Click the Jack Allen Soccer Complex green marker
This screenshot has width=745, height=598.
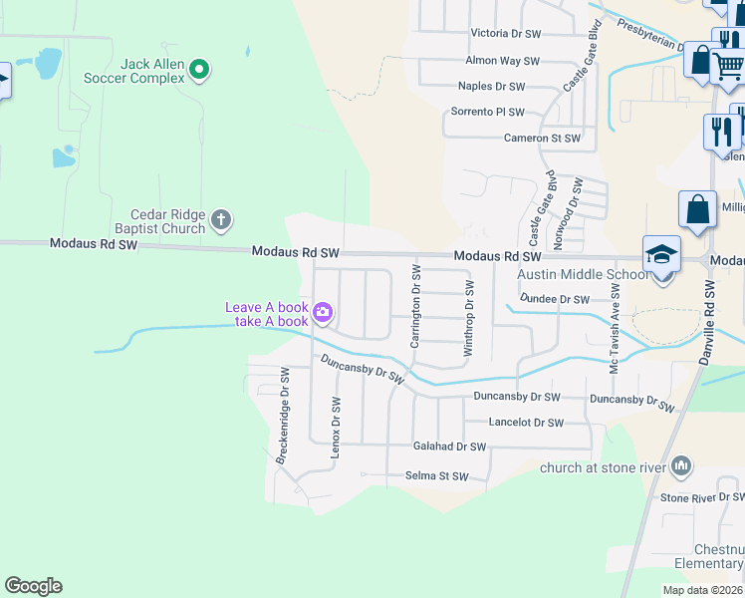tap(199, 69)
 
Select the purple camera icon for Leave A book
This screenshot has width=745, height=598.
tap(323, 313)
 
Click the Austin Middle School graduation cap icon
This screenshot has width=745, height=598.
tap(660, 255)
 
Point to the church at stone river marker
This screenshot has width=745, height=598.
tap(681, 465)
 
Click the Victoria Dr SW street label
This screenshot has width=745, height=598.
tap(505, 34)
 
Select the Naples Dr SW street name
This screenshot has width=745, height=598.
tap(495, 88)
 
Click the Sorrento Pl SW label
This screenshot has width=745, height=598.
tap(488, 113)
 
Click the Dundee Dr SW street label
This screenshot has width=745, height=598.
tap(554, 299)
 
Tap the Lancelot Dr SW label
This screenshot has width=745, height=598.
tap(526, 423)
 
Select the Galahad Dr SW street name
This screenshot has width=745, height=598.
tap(449, 448)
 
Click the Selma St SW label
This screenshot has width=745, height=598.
tap(436, 476)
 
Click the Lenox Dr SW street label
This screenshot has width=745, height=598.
tap(336, 428)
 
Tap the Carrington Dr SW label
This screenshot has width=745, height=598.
tap(415, 307)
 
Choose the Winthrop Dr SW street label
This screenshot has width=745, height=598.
tap(468, 319)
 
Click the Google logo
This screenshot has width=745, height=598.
tap(33, 586)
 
